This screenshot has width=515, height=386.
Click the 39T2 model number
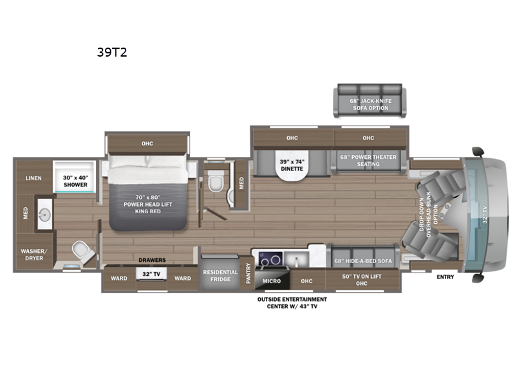point(111,52)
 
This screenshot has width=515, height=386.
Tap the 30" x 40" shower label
point(75,181)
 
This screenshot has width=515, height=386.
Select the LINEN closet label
point(33,178)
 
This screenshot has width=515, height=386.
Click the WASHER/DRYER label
point(34,255)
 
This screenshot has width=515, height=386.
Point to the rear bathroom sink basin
point(44,215)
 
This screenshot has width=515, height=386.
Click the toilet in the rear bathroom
point(83,252)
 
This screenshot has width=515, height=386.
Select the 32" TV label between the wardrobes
point(151,274)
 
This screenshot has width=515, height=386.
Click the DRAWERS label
point(152,260)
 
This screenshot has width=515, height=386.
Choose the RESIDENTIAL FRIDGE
point(220,273)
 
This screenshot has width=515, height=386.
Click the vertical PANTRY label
point(248,273)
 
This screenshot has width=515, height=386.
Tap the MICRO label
point(272,281)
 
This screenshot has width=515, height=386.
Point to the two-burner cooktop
point(270,259)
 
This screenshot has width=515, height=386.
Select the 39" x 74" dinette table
point(292,165)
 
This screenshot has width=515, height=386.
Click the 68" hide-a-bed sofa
point(363,256)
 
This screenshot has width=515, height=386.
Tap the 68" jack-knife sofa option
point(370,100)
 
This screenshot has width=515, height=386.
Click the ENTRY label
point(445,277)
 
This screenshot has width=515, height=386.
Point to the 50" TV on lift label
point(362,277)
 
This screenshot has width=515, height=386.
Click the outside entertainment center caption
point(292,302)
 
